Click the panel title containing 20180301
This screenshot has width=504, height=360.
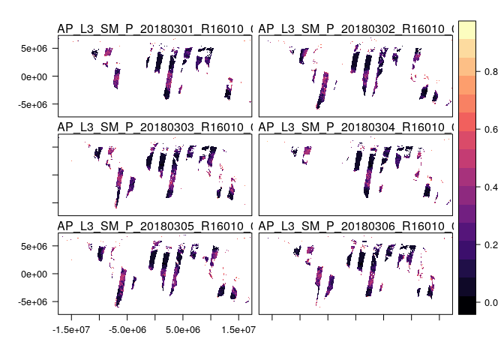[154, 28]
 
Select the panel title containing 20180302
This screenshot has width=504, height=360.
[355, 28]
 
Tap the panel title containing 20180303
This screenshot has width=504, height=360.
[154, 127]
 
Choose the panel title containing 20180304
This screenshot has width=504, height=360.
[355, 127]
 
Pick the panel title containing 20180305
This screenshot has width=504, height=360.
[154, 226]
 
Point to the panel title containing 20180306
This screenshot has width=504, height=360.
[355, 226]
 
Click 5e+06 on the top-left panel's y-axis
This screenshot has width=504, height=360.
[35, 48]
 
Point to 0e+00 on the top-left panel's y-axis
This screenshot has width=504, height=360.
[35, 76]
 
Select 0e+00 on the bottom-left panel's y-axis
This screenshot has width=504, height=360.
[35, 274]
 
